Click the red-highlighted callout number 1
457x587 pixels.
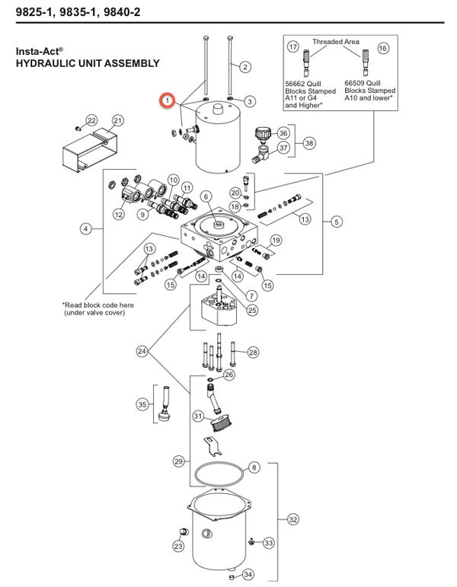[x=165, y=100]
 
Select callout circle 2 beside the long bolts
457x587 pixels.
[x=245, y=67]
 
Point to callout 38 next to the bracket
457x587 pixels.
[x=309, y=142]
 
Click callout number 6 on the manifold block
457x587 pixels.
[x=205, y=197]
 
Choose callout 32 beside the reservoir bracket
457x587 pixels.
[x=293, y=520]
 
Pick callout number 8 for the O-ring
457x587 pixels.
[x=254, y=467]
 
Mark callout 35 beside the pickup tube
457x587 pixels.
[x=141, y=404]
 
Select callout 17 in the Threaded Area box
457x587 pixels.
[x=294, y=47]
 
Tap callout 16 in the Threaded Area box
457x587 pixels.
[x=382, y=47]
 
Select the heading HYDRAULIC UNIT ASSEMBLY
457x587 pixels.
[x=88, y=64]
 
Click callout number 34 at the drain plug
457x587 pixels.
[x=246, y=573]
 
